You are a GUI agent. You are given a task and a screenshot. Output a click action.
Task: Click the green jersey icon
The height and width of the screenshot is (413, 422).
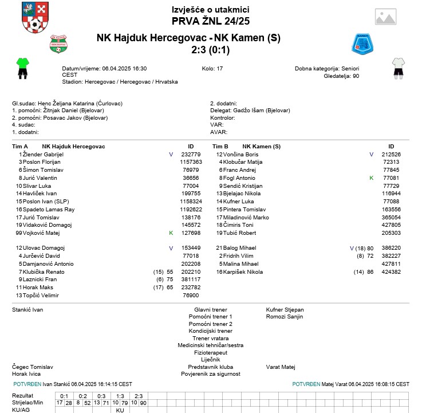tap(22, 68)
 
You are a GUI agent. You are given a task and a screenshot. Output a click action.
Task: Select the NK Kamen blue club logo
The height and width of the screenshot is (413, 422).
tap(362, 44)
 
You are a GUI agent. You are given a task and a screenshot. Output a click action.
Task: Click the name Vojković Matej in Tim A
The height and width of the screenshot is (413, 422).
tap(41, 233)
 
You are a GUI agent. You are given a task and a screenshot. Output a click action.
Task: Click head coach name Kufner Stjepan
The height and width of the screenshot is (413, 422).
tap(285, 310)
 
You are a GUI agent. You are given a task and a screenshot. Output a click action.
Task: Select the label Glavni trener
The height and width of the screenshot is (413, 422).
tap(210, 310)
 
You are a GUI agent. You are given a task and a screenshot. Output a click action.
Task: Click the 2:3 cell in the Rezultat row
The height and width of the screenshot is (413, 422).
tap(138, 396)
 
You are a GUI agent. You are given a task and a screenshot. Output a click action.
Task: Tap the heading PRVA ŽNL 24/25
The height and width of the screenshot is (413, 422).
tap(210, 21)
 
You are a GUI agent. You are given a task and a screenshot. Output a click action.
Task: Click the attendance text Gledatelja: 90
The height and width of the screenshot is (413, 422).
tap(341, 76)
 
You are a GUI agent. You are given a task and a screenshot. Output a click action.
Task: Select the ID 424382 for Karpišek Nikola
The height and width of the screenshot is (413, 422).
tap(391, 272)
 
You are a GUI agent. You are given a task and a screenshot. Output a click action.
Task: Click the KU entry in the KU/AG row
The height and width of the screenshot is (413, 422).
tap(120, 410)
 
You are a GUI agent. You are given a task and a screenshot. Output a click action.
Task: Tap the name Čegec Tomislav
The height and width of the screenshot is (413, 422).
tap(33, 367)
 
